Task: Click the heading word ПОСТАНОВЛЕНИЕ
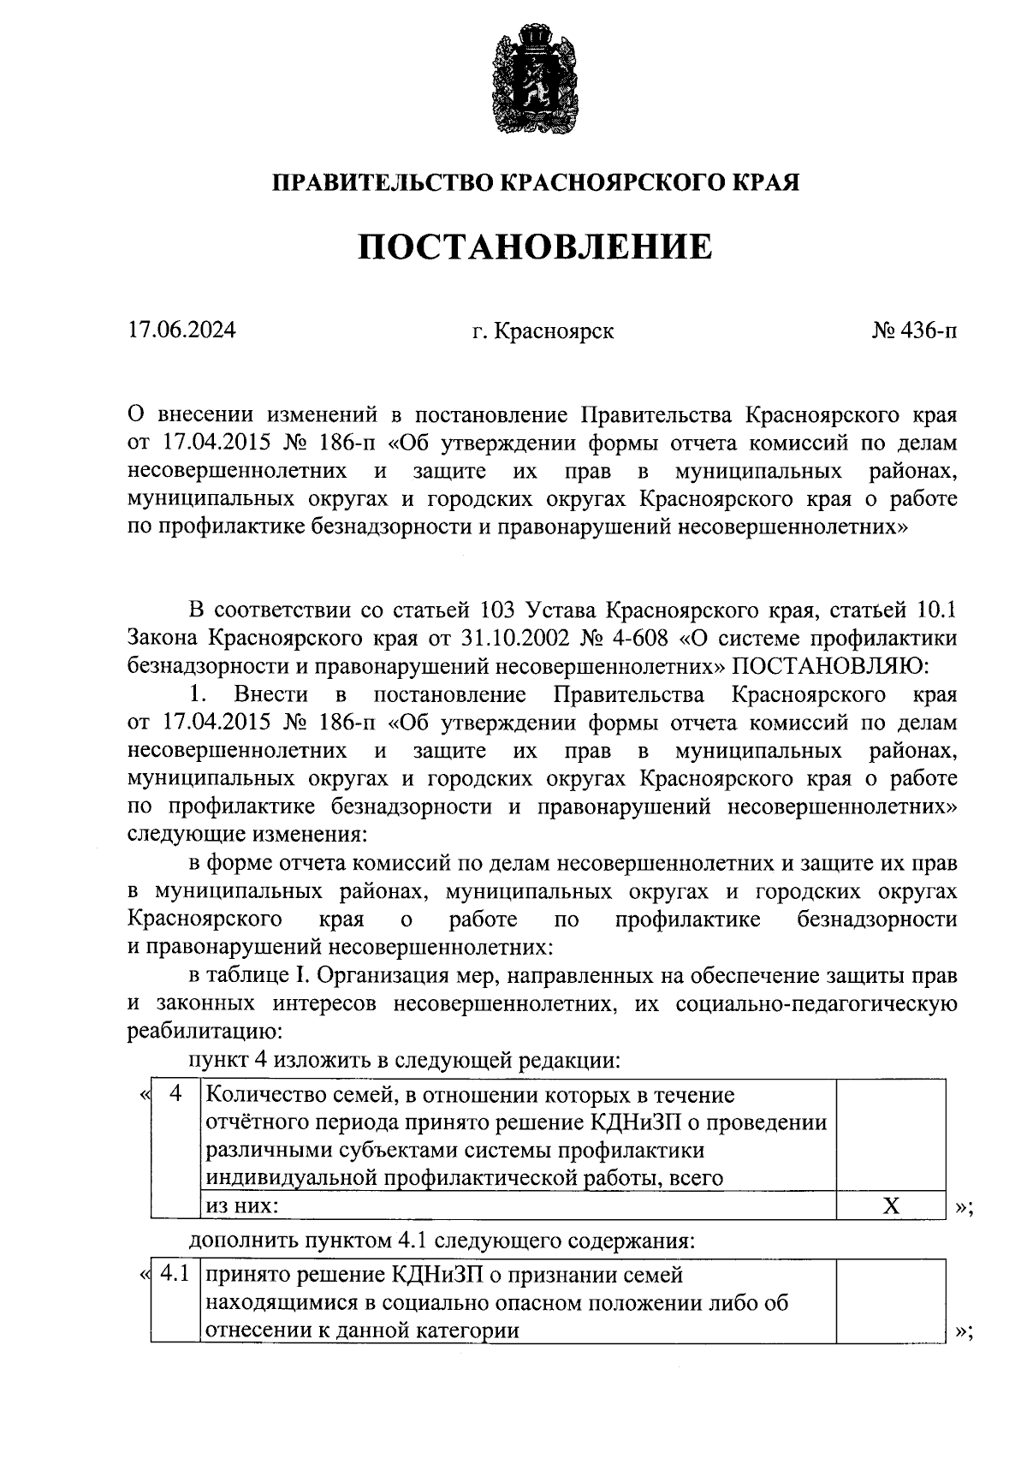[x=535, y=247]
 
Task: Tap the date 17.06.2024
[x=182, y=330]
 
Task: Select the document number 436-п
[x=927, y=330]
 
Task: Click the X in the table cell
[x=891, y=1206]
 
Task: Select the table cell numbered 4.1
[x=174, y=1275]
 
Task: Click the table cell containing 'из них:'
[x=518, y=1206]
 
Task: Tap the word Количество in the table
[x=264, y=1096]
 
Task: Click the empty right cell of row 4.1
[x=891, y=1301]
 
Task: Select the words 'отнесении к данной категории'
[x=362, y=1330]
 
